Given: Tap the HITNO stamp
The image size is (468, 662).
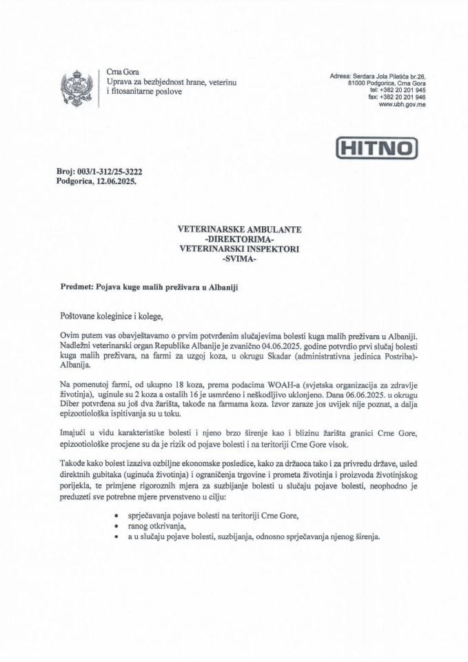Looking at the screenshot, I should tap(376, 147).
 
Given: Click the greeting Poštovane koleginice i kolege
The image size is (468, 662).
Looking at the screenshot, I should tap(113, 316).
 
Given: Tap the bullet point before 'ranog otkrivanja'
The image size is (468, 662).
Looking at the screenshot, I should tap(114, 526).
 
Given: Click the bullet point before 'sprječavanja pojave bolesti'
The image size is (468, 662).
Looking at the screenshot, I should tap(114, 516).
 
